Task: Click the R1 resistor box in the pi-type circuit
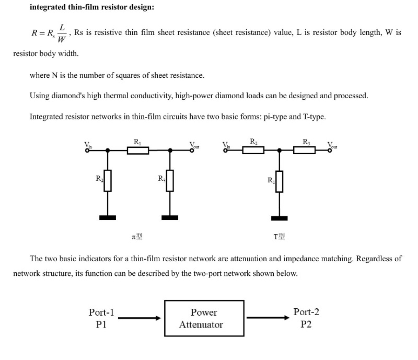(x=138, y=151)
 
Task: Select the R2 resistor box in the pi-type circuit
(x=107, y=181)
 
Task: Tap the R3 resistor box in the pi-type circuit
(x=170, y=181)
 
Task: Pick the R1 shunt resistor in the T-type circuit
(x=279, y=181)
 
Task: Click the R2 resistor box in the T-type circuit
(x=253, y=150)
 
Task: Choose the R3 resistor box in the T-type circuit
(x=304, y=150)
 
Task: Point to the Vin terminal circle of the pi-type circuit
(x=87, y=151)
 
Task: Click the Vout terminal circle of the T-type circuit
(x=330, y=150)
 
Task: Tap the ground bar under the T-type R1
(x=279, y=218)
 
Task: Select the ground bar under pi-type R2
(x=107, y=218)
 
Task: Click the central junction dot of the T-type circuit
(x=279, y=150)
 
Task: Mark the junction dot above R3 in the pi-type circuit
(x=170, y=150)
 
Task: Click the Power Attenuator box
(x=204, y=318)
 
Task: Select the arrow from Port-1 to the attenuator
(x=139, y=318)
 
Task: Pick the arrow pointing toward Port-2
(x=268, y=318)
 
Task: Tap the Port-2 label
(x=306, y=312)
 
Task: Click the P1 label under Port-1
(x=101, y=325)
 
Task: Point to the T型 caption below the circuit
(x=279, y=236)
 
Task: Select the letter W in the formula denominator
(x=61, y=39)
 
